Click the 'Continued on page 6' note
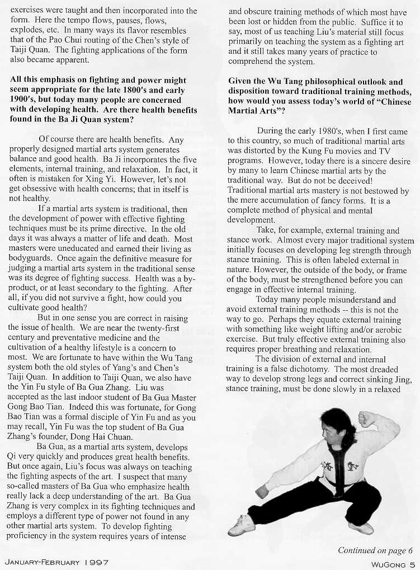(375, 550)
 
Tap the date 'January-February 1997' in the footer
(56, 562)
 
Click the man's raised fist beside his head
(367, 418)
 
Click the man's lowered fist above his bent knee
(261, 491)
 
